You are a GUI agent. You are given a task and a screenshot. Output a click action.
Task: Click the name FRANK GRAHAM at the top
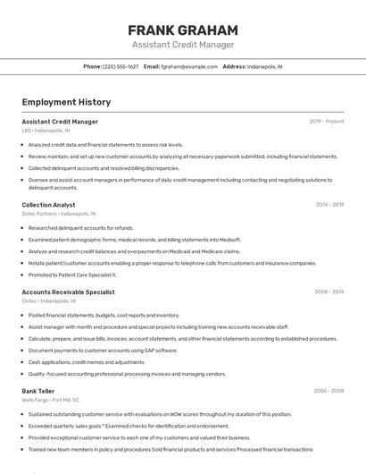tap(183, 30)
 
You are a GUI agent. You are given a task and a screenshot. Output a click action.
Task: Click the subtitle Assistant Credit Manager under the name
tap(183, 45)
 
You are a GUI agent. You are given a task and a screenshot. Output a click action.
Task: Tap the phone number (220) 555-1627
tap(121, 66)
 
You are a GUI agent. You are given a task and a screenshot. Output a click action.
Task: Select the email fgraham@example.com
tap(189, 66)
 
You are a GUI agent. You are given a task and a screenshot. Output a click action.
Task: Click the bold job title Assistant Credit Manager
tap(60, 122)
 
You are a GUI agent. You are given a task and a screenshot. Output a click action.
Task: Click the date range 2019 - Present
tap(327, 122)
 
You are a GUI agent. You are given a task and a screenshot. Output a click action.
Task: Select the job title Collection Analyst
tap(48, 205)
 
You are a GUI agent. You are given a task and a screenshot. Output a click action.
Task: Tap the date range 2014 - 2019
tap(329, 205)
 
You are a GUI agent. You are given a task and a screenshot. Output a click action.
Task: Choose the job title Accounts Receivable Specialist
tap(68, 292)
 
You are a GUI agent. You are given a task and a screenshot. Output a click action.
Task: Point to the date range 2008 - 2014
tap(329, 292)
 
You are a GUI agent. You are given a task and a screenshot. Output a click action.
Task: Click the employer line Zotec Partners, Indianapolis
tap(59, 214)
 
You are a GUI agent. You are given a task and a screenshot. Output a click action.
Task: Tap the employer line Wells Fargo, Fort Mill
tap(51, 400)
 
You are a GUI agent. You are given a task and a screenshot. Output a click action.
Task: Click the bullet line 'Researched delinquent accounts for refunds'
tap(81, 228)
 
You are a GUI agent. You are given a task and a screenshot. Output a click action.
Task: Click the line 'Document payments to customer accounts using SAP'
tap(103, 351)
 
